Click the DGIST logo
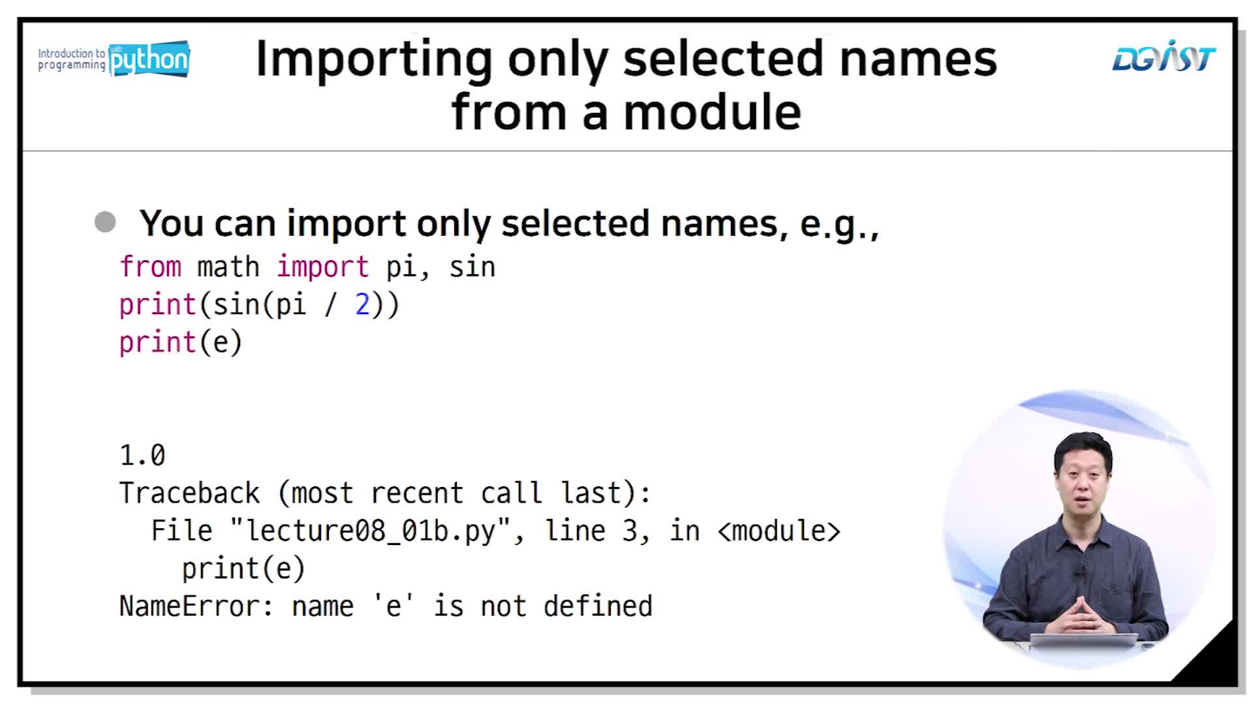1164,57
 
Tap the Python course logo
114,59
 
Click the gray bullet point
105,222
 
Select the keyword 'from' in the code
150,267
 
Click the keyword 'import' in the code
322,268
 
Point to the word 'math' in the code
228,267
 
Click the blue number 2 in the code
362,305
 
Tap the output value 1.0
142,455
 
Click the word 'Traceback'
189,493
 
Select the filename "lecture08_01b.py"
370,531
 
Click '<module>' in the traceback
779,531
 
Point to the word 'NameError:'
196,606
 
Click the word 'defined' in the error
598,606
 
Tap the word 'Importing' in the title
374,60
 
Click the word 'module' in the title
712,112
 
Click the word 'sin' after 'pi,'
472,267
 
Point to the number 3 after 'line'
630,531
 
